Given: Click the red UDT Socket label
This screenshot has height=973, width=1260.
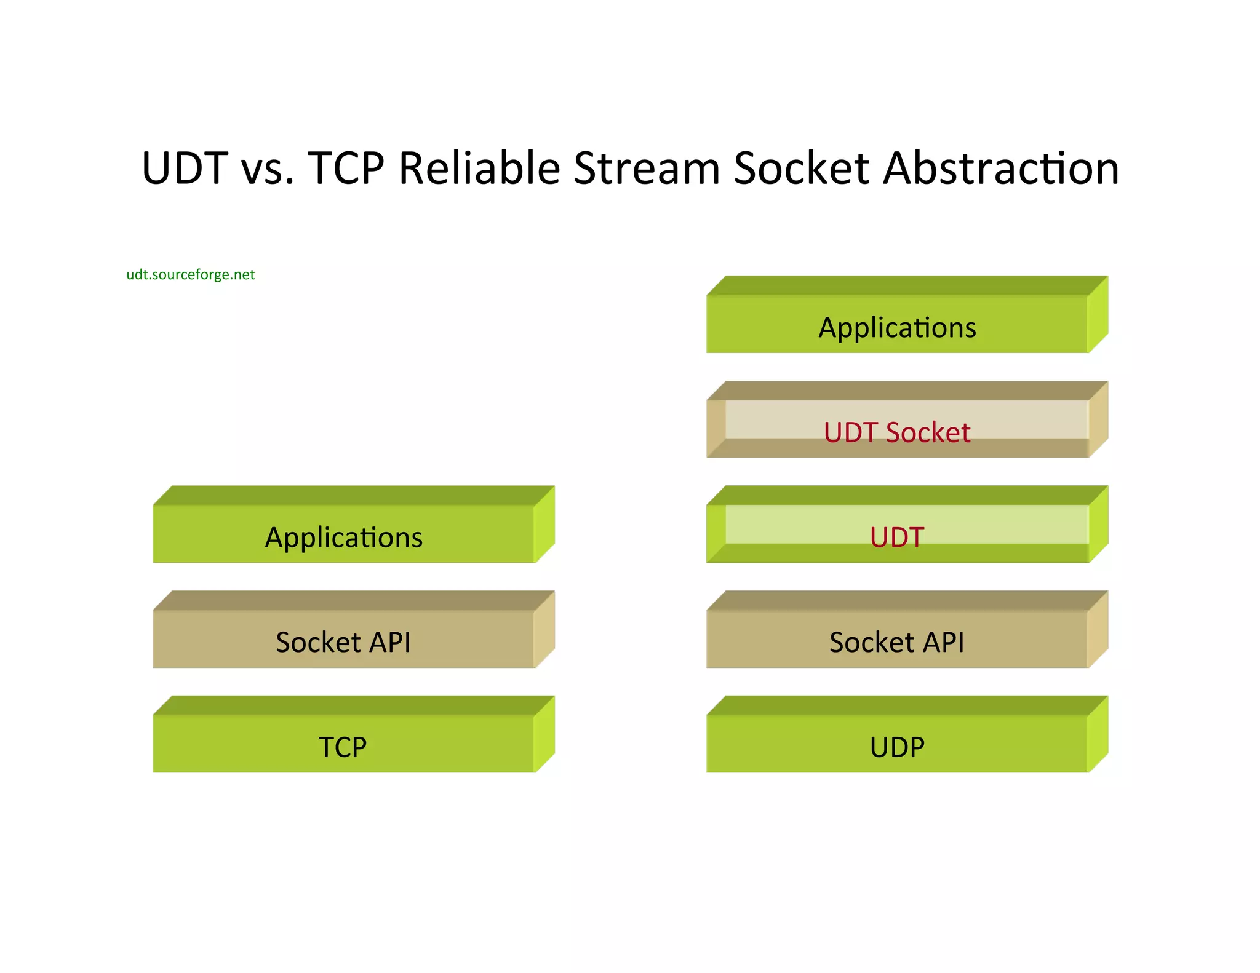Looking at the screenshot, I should tap(896, 432).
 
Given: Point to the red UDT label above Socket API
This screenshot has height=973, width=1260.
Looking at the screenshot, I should tap(896, 537).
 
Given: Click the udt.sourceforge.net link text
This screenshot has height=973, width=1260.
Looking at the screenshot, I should tap(190, 274).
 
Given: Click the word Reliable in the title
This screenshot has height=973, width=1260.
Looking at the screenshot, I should tap(479, 168).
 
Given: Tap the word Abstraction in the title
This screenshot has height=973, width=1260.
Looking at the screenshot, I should tap(1001, 168).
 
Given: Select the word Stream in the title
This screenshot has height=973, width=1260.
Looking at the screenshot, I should tap(647, 168).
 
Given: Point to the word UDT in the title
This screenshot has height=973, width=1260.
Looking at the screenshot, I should tap(185, 168).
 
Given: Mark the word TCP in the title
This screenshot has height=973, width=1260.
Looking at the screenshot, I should tap(346, 168).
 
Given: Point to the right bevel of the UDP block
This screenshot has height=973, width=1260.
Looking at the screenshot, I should tap(1098, 734).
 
